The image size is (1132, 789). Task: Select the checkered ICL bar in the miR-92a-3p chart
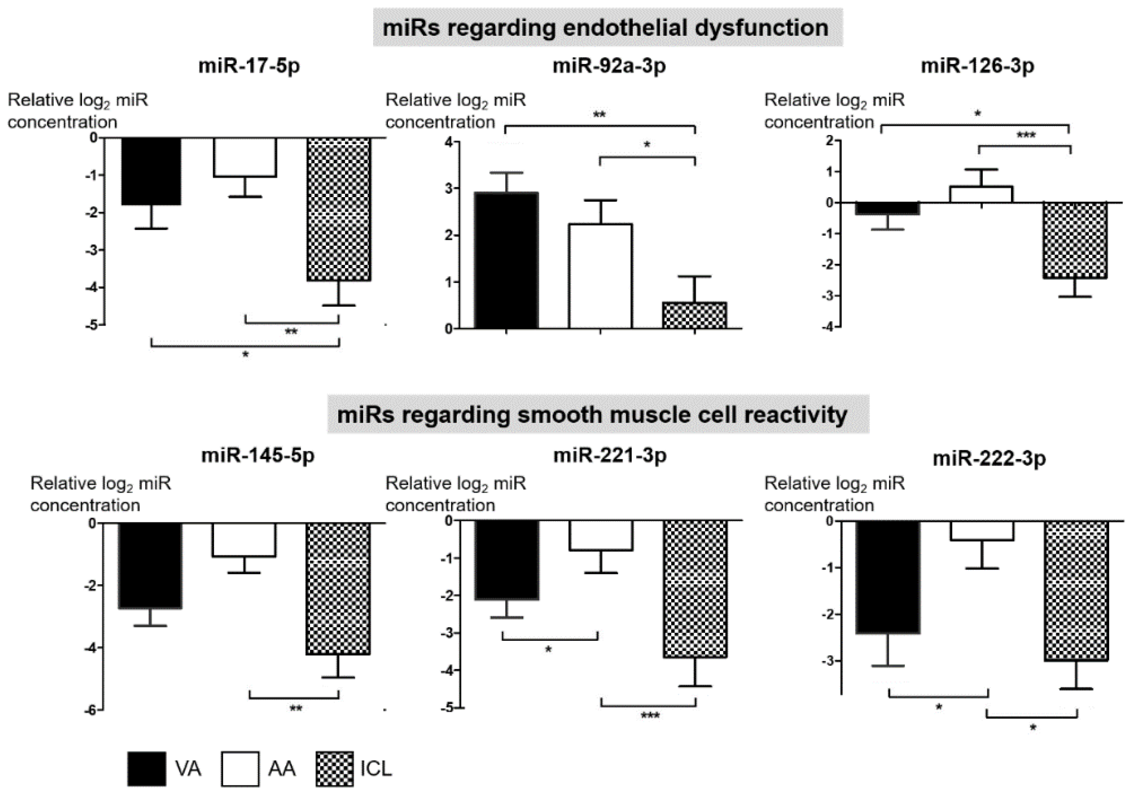click(x=694, y=315)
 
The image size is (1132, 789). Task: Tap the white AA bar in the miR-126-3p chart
click(x=981, y=194)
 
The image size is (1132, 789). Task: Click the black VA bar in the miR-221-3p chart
click(x=506, y=560)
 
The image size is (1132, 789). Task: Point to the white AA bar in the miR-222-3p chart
click(x=982, y=531)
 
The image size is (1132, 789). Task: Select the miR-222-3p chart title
click(x=989, y=458)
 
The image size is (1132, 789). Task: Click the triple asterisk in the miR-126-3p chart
click(x=1026, y=135)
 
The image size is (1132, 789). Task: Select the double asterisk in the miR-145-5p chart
click(x=295, y=709)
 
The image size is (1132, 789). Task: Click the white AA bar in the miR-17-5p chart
click(x=245, y=157)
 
